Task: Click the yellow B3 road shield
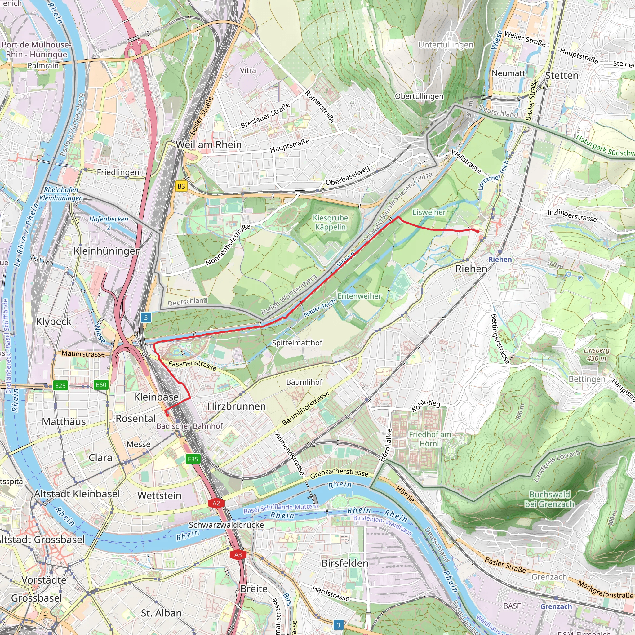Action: click(x=181, y=186)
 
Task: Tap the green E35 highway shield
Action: click(x=193, y=459)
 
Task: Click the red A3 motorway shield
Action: click(x=238, y=555)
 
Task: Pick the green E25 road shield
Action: click(x=60, y=385)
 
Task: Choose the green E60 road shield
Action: click(x=101, y=385)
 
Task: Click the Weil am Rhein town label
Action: click(x=209, y=144)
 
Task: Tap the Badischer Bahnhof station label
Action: click(x=190, y=426)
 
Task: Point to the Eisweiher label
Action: click(x=429, y=212)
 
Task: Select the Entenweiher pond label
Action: click(x=359, y=296)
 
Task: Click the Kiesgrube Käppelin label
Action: click(x=330, y=223)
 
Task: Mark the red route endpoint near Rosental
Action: click(x=167, y=415)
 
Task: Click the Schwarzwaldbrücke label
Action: click(x=226, y=525)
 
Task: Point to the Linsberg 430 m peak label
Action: click(x=597, y=354)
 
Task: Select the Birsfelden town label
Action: click(x=345, y=563)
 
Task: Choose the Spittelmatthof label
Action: click(x=297, y=343)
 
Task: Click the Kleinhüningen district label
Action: click(x=107, y=251)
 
